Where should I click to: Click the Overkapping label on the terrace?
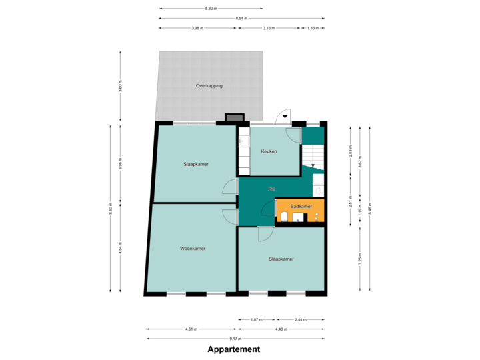coord(209,86)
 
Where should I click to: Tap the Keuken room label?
coord(269,151)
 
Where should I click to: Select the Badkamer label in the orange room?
coord(301,207)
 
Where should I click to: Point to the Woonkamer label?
coord(192,248)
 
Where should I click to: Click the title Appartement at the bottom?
coord(233,349)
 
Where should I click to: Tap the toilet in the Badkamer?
coord(285,217)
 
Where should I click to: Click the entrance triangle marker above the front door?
coord(285,116)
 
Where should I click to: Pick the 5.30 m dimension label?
coord(211,9)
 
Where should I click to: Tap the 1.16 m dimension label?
coord(312,29)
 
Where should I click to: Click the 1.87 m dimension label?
coord(256,319)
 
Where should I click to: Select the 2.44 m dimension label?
coord(300,319)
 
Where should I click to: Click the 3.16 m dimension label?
coord(269,29)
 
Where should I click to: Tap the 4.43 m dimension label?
coord(280,329)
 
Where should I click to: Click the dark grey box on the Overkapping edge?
coord(235,118)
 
